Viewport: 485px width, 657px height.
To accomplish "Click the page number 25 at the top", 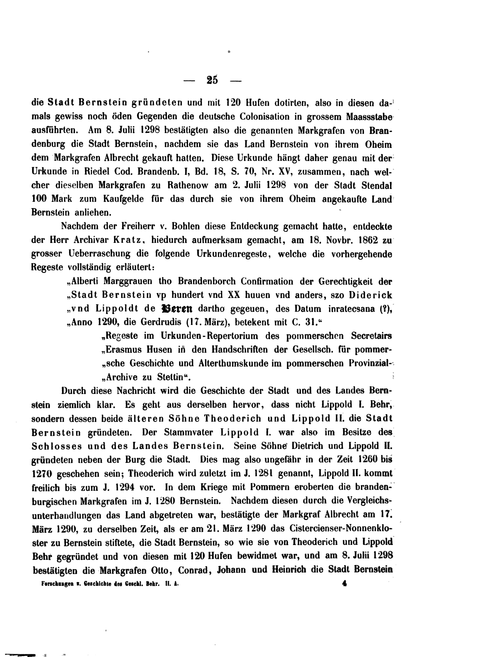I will point(212,80).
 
